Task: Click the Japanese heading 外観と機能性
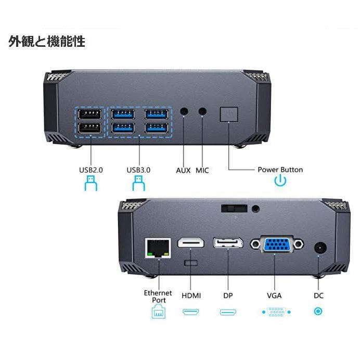tap(46, 42)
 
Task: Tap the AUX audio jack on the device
tap(184, 111)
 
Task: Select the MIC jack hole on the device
tap(202, 111)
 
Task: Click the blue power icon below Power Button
tap(280, 181)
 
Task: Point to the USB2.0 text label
tap(91, 170)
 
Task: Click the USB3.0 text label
tap(138, 170)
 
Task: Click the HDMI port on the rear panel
tap(191, 243)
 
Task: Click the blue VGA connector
tap(277, 245)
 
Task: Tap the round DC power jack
tap(318, 248)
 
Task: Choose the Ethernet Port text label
tap(158, 297)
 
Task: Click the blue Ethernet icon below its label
tap(158, 312)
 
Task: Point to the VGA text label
tap(274, 295)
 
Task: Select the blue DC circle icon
tap(318, 312)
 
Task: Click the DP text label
tap(228, 295)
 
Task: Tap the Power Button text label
tap(280, 170)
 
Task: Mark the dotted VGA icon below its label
tap(274, 312)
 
